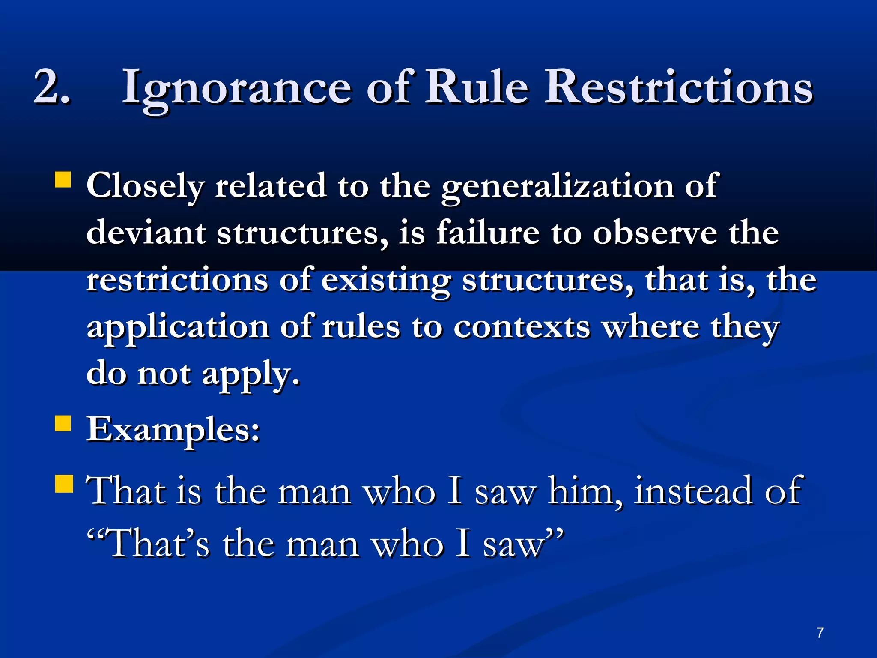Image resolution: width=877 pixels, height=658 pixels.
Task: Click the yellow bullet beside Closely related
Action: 63,180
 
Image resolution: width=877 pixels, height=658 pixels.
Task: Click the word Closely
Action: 146,187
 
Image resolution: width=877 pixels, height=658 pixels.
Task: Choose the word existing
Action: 386,281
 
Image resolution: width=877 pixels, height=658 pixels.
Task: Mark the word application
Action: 178,328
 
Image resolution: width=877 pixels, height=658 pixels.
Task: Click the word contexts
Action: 522,327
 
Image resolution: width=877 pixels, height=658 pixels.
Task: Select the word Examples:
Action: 173,430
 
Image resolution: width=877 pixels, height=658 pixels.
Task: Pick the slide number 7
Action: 820,632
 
